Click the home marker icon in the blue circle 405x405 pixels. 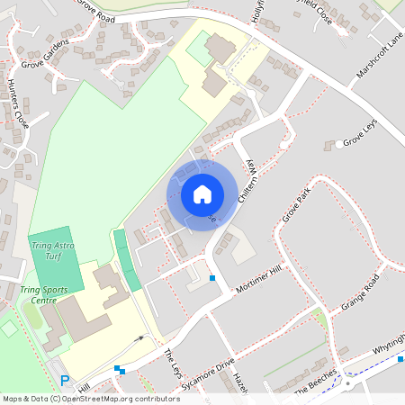202,193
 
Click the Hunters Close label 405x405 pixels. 17,103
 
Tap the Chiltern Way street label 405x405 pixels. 253,180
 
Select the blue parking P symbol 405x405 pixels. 64,381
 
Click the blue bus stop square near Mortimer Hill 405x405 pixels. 212,278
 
